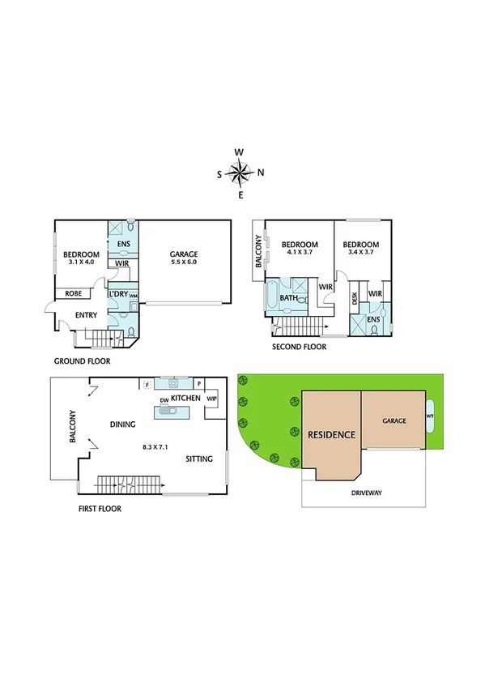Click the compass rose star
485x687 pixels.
[x=240, y=172]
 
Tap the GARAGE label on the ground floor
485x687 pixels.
[x=184, y=254]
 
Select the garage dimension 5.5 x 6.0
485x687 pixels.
[x=184, y=262]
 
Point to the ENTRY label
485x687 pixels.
[x=85, y=315]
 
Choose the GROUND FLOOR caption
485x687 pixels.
[x=82, y=361]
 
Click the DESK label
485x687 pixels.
[x=355, y=298]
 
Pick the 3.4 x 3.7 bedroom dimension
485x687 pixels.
[x=360, y=253]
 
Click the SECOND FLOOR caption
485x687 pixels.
[x=300, y=347]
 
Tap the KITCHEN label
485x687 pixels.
[x=185, y=399]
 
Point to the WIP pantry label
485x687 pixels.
[x=212, y=399]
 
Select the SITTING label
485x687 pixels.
[x=198, y=459]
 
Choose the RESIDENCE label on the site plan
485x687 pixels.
[x=331, y=435]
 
